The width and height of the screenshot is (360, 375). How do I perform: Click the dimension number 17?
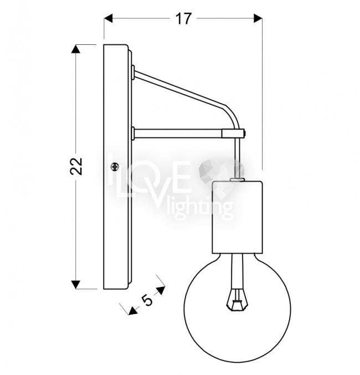(x=184, y=19)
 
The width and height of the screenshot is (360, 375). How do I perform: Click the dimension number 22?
(x=76, y=166)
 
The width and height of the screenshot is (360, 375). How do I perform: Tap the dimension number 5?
(x=147, y=300)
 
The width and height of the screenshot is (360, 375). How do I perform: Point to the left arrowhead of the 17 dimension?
(x=108, y=18)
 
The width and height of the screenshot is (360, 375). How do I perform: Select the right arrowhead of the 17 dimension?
(x=258, y=18)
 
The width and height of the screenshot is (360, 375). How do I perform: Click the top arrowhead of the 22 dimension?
(x=76, y=49)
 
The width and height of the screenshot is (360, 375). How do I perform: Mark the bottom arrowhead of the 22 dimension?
(x=76, y=285)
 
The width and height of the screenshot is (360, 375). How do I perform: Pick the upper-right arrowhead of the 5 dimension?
(x=161, y=290)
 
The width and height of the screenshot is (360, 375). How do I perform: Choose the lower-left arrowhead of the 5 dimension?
(x=132, y=310)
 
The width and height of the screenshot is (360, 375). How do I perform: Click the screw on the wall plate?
(x=115, y=167)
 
